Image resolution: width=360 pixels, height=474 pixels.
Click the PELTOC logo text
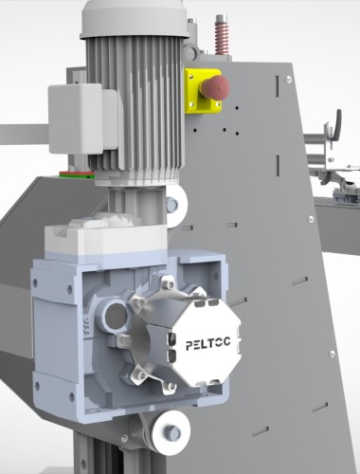[x=207, y=343]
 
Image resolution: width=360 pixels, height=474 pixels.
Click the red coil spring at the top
[x=222, y=35]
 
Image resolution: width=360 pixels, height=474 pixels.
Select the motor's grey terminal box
[x=82, y=118]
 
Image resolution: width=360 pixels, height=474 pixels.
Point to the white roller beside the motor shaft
[x=176, y=206]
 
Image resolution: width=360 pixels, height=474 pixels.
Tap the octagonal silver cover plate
[x=206, y=343]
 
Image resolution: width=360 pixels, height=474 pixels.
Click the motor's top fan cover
[x=135, y=19]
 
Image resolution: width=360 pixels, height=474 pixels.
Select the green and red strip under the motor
[x=77, y=174]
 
